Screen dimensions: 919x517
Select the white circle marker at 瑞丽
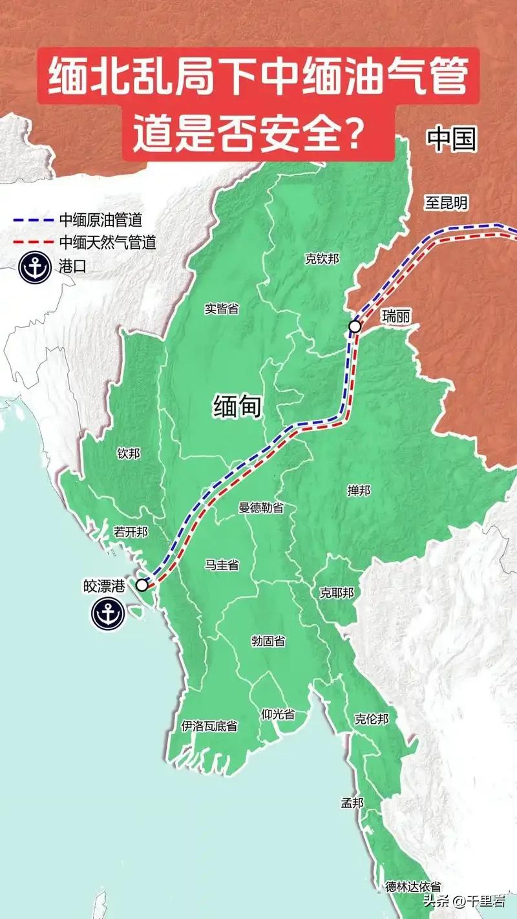click(x=355, y=326)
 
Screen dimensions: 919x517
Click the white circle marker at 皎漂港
click(x=142, y=585)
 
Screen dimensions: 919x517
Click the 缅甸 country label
click(x=238, y=407)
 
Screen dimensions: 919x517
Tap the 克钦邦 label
click(x=322, y=259)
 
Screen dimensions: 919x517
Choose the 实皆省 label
click(x=221, y=308)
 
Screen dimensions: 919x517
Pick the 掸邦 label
click(x=359, y=491)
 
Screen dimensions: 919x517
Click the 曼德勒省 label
click(x=261, y=508)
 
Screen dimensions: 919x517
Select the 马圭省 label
click(x=222, y=565)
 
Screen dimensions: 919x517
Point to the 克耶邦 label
click(x=337, y=593)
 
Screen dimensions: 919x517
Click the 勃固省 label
click(x=268, y=641)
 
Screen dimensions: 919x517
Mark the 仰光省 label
click(x=278, y=714)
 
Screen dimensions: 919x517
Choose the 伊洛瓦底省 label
click(x=209, y=726)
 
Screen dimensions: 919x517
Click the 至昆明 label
click(x=446, y=204)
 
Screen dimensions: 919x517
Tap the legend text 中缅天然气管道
click(x=107, y=242)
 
